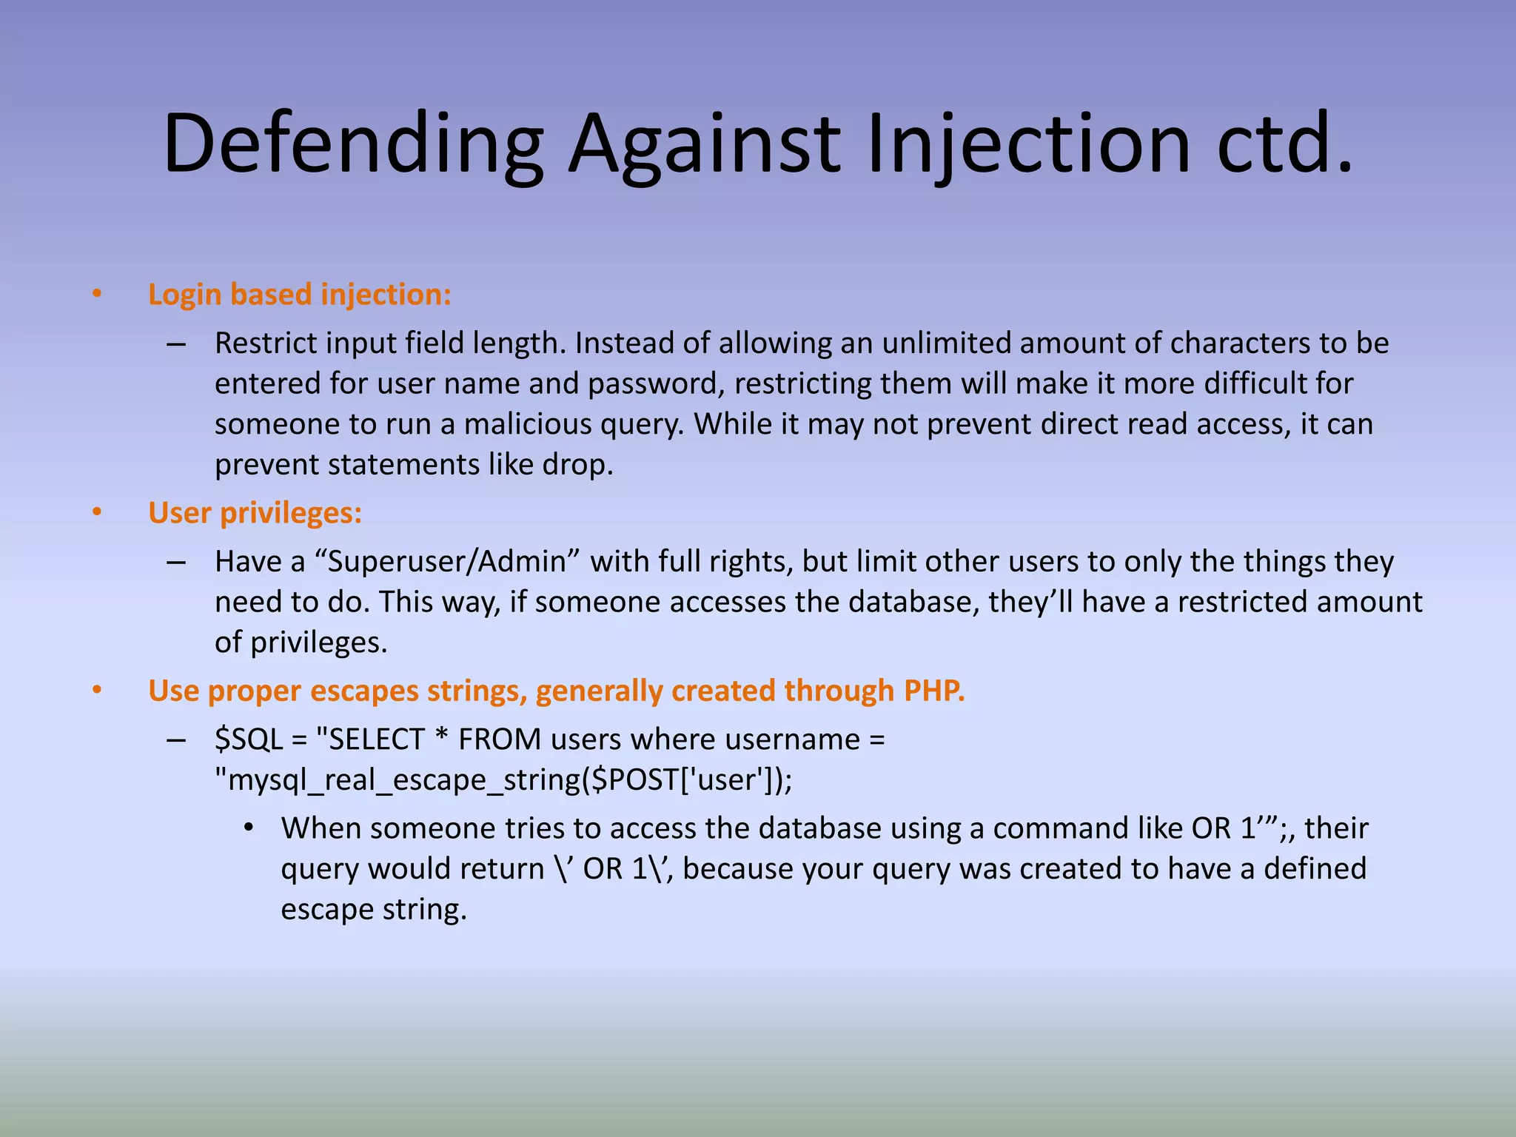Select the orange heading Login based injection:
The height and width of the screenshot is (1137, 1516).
(299, 295)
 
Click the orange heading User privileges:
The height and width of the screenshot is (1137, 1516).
(255, 513)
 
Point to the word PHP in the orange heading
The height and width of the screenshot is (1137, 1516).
(934, 691)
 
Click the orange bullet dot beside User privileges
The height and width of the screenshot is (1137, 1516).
(97, 512)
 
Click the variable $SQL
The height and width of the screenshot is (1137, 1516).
(249, 739)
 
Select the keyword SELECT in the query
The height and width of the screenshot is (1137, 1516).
(377, 739)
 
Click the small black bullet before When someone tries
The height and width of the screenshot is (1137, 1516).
(249, 828)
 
